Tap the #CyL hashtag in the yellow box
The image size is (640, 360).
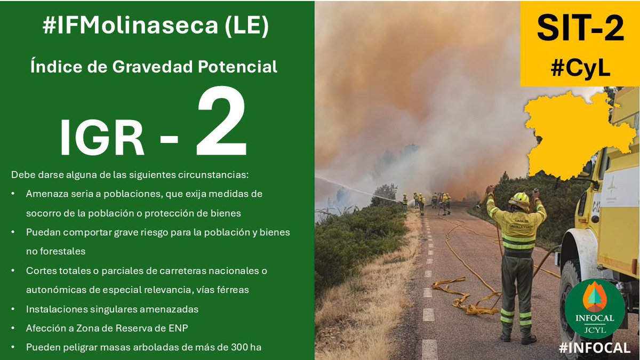(580, 68)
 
